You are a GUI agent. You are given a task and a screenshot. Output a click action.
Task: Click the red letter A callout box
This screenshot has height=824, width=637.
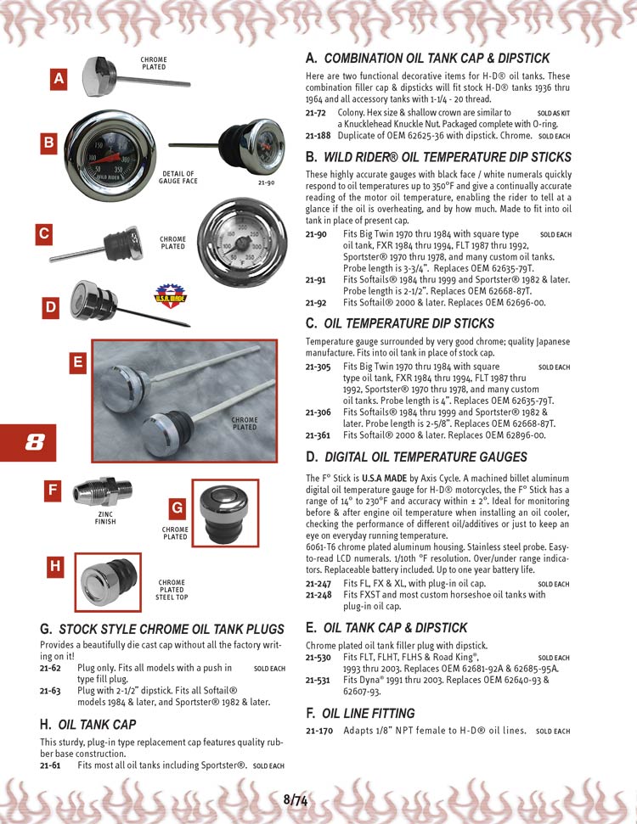pos(58,80)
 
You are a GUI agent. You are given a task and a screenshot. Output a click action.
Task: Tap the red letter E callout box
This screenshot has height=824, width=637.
pos(77,362)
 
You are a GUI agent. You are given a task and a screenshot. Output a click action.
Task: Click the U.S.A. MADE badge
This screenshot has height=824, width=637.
pos(168,297)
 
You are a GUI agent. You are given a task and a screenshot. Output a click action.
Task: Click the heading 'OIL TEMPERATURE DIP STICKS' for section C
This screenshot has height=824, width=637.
pos(409,323)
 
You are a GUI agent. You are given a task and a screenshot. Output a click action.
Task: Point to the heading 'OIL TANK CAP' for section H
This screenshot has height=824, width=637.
pos(97,724)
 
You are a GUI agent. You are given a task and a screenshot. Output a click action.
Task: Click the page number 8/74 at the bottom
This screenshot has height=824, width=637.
pos(296,799)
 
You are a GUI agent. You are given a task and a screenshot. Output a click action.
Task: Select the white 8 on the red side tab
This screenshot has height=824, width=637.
pos(34,442)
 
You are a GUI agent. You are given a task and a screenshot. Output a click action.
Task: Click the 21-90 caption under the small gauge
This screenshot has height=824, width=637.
pos(265,182)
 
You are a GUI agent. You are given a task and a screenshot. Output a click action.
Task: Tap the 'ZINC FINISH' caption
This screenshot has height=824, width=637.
pos(106,518)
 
